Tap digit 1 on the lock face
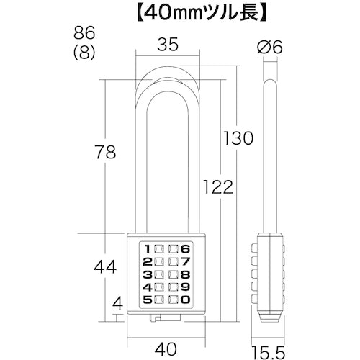point(148,248)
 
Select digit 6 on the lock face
point(187,248)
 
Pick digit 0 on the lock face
point(187,300)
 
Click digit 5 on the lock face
point(148,300)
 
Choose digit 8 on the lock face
point(187,274)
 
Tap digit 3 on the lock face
point(148,274)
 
